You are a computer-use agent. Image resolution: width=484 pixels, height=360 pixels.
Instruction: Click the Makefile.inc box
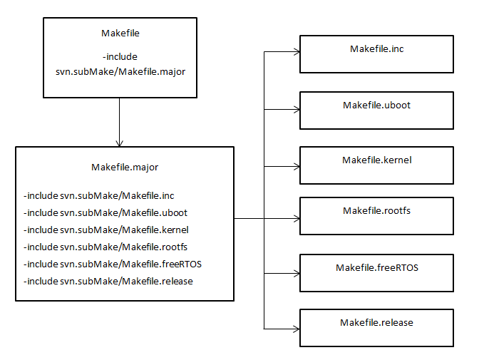pos(376,53)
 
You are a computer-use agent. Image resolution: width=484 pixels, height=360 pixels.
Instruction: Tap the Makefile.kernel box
pos(376,165)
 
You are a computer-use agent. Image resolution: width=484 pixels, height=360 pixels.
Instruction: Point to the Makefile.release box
pos(376,327)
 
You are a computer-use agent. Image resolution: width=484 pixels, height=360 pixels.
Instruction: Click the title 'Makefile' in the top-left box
pos(120,33)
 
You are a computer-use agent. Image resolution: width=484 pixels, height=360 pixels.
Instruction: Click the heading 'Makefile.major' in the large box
pos(125,168)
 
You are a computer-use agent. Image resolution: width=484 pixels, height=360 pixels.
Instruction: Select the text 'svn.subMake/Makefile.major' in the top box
pos(120,71)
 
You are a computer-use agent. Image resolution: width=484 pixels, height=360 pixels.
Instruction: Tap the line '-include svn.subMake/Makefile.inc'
pos(98,195)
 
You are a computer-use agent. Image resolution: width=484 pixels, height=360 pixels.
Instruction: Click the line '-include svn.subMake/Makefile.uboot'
pos(105,212)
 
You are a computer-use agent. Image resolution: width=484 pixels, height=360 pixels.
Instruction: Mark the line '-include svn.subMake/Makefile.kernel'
pos(105,230)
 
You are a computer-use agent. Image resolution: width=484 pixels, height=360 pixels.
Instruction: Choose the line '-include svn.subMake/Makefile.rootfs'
pos(105,247)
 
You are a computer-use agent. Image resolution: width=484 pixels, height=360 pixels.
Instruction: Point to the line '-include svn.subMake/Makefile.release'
pos(108,281)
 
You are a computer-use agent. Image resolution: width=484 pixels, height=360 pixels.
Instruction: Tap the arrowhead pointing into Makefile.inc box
pos(295,51)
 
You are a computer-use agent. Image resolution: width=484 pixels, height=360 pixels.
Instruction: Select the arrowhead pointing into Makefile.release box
pos(295,328)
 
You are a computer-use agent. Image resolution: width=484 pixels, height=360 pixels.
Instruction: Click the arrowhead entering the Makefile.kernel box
pos(295,165)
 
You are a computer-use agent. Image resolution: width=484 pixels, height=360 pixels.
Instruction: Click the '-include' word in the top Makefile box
pos(120,56)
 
